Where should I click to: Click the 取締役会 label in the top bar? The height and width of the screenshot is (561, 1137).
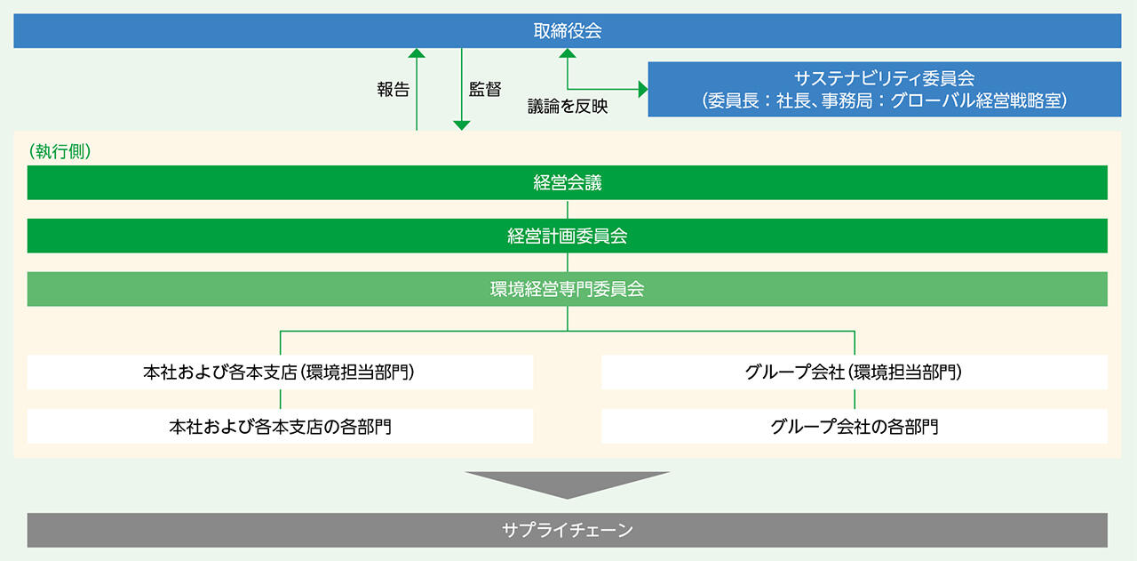[568, 31]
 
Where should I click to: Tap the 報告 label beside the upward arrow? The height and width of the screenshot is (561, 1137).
[394, 90]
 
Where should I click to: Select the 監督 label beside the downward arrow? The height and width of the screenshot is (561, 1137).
[485, 90]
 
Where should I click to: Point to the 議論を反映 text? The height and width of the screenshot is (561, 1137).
[568, 106]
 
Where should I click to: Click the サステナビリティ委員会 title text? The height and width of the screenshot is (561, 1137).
[884, 77]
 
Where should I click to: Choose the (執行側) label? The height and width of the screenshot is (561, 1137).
[60, 151]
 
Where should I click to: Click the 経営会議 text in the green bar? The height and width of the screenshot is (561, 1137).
[568, 182]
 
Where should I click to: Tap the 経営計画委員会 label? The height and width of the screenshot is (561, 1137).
[568, 236]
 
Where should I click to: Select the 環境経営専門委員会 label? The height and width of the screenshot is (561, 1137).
[568, 289]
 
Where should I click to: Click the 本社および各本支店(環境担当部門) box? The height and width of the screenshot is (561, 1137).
[280, 372]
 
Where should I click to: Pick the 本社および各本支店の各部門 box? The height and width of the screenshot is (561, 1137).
[280, 427]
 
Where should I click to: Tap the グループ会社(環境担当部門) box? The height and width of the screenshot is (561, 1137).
[855, 372]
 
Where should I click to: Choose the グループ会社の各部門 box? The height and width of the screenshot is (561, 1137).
[855, 427]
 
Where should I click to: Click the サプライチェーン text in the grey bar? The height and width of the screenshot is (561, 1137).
[568, 530]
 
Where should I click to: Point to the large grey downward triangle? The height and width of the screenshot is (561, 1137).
[568, 483]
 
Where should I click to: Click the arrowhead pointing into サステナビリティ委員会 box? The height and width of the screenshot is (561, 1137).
[643, 90]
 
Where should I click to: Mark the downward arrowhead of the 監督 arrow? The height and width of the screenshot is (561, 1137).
[461, 125]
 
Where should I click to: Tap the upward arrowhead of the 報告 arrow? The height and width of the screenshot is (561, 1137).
[417, 52]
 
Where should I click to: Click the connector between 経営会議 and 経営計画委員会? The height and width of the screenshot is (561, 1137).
[568, 209]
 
